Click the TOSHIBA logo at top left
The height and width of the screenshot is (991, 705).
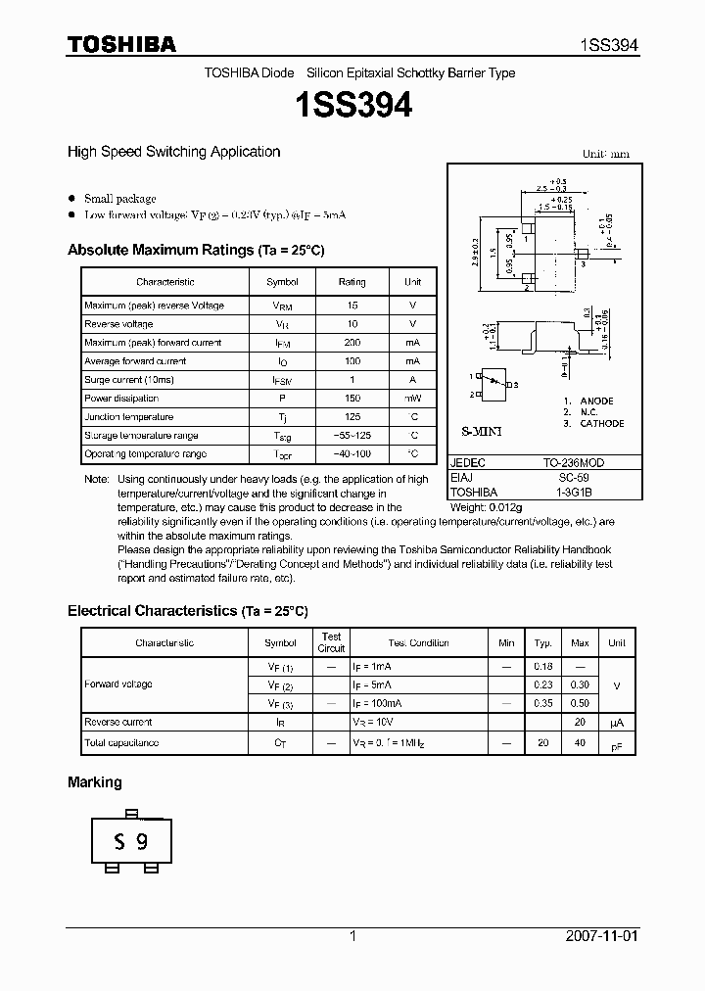(x=120, y=44)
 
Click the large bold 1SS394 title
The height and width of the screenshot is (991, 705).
(x=352, y=105)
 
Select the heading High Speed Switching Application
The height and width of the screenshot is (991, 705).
(x=173, y=152)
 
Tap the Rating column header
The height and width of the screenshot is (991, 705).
(x=352, y=282)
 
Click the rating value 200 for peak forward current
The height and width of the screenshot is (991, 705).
(x=352, y=343)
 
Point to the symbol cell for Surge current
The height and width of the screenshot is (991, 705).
(x=282, y=380)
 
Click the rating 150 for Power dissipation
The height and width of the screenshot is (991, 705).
(x=352, y=399)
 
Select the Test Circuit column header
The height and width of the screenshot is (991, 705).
(x=331, y=642)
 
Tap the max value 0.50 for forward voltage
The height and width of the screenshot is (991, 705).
(x=580, y=703)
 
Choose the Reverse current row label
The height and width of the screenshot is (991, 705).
(x=117, y=723)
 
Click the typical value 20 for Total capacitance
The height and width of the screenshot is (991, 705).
(x=542, y=743)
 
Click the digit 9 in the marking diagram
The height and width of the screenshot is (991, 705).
(x=143, y=841)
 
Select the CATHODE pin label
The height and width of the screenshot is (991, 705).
(x=601, y=424)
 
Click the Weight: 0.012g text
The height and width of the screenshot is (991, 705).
(x=488, y=507)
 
